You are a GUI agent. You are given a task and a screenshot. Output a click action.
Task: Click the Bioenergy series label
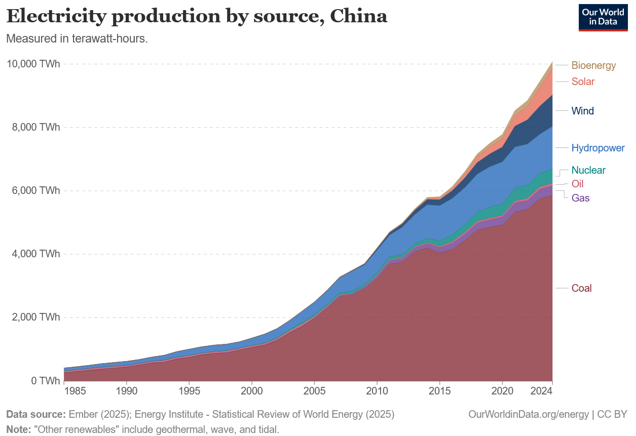tap(593, 65)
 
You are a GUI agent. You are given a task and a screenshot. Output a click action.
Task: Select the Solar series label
tap(583, 82)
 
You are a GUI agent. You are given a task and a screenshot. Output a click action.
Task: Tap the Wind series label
tap(582, 111)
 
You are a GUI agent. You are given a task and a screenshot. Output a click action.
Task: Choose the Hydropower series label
tap(598, 148)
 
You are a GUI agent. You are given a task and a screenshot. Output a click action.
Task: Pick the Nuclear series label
tap(588, 170)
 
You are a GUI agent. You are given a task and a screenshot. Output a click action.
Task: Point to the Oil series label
tap(577, 184)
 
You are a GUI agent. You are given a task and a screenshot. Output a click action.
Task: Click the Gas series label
tap(580, 198)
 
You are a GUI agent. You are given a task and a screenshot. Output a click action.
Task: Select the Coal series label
tap(581, 288)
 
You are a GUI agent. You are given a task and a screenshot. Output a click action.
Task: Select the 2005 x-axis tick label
tap(314, 391)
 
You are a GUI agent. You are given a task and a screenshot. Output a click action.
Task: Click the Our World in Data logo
tap(603, 17)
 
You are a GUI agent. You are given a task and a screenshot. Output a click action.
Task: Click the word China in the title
tap(358, 16)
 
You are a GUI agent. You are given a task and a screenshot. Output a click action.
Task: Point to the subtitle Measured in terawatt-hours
tap(77, 39)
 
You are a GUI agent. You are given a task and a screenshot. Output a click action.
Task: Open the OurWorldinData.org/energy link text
tap(529, 414)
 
